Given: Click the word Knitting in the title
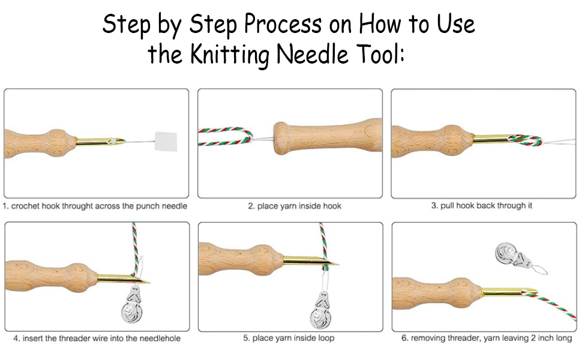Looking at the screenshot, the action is pyautogui.click(x=230, y=55).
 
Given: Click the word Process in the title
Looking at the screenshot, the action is pyautogui.click(x=283, y=24).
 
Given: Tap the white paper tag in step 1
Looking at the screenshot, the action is pyautogui.click(x=166, y=142).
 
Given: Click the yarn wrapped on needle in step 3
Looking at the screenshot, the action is pyautogui.click(x=525, y=140).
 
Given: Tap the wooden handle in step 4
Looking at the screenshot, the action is pyautogui.click(x=52, y=277).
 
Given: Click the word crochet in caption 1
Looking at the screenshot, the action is pyautogui.click(x=25, y=206).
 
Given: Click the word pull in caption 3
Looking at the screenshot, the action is pyautogui.click(x=447, y=206).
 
